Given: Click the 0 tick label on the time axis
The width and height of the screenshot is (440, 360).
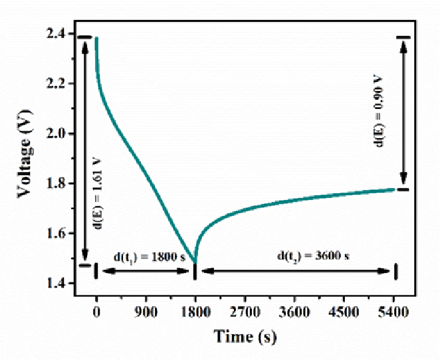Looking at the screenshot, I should coord(97,310).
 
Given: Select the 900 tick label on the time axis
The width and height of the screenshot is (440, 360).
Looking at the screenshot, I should coord(146,310).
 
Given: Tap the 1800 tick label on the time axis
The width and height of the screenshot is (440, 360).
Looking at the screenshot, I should coord(195,310).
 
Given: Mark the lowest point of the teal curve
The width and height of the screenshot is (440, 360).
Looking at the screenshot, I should coord(195,262).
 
